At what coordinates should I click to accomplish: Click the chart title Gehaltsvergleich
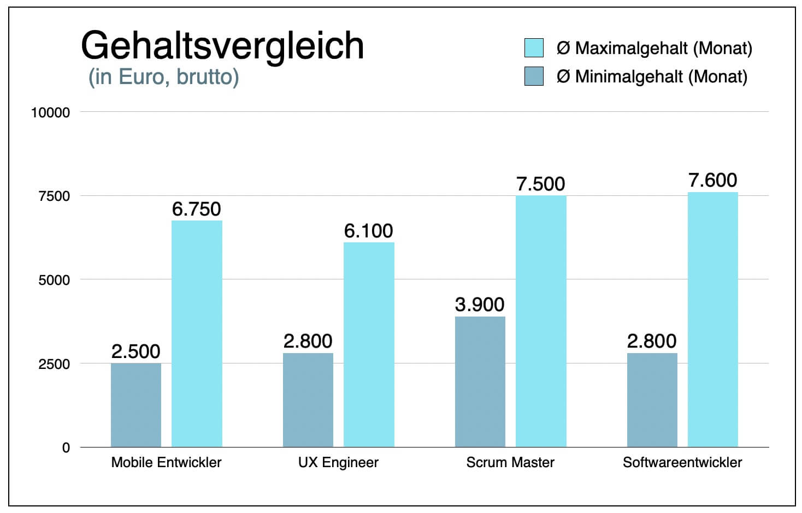(x=222, y=46)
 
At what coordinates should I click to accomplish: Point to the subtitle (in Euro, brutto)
(x=163, y=77)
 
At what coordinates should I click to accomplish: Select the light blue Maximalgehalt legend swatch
(x=534, y=48)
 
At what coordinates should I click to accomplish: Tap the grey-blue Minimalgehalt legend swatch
(x=534, y=76)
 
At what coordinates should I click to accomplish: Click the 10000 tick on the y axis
(x=50, y=112)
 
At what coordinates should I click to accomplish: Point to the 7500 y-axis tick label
(x=54, y=196)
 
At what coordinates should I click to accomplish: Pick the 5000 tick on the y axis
(x=54, y=280)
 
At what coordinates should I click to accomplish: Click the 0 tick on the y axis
(x=66, y=448)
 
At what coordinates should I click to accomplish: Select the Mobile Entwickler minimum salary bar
(x=136, y=405)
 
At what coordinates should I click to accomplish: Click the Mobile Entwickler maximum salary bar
(x=197, y=333)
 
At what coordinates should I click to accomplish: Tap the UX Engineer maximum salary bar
(x=369, y=344)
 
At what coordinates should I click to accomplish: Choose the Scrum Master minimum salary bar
(x=480, y=381)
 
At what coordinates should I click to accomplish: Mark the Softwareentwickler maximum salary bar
(x=712, y=319)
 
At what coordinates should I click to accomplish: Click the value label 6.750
(x=196, y=209)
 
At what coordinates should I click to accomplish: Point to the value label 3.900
(x=480, y=305)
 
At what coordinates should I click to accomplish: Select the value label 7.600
(x=712, y=180)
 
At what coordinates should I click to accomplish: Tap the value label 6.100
(x=368, y=231)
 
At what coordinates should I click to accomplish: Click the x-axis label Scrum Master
(x=510, y=463)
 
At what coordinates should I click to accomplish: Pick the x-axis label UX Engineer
(x=338, y=463)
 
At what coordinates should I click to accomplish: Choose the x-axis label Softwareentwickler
(x=682, y=463)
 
